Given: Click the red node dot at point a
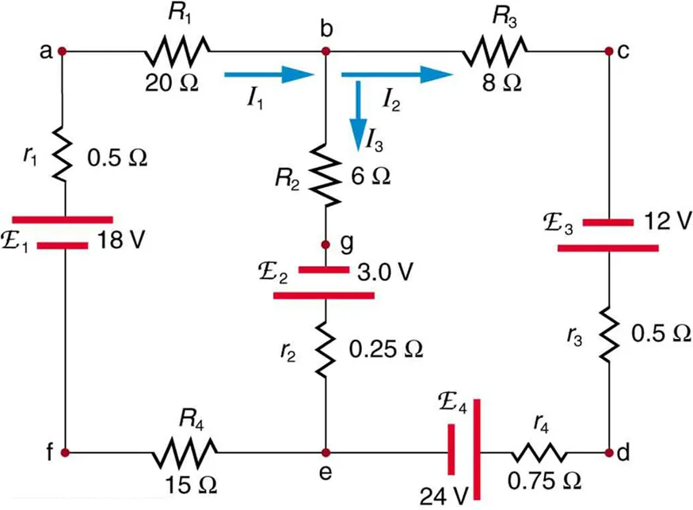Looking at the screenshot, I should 62,51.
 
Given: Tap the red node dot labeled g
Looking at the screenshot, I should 325,244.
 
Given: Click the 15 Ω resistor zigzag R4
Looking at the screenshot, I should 184,453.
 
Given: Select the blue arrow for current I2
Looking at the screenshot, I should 396,75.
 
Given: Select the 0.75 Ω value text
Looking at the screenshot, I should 546,481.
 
